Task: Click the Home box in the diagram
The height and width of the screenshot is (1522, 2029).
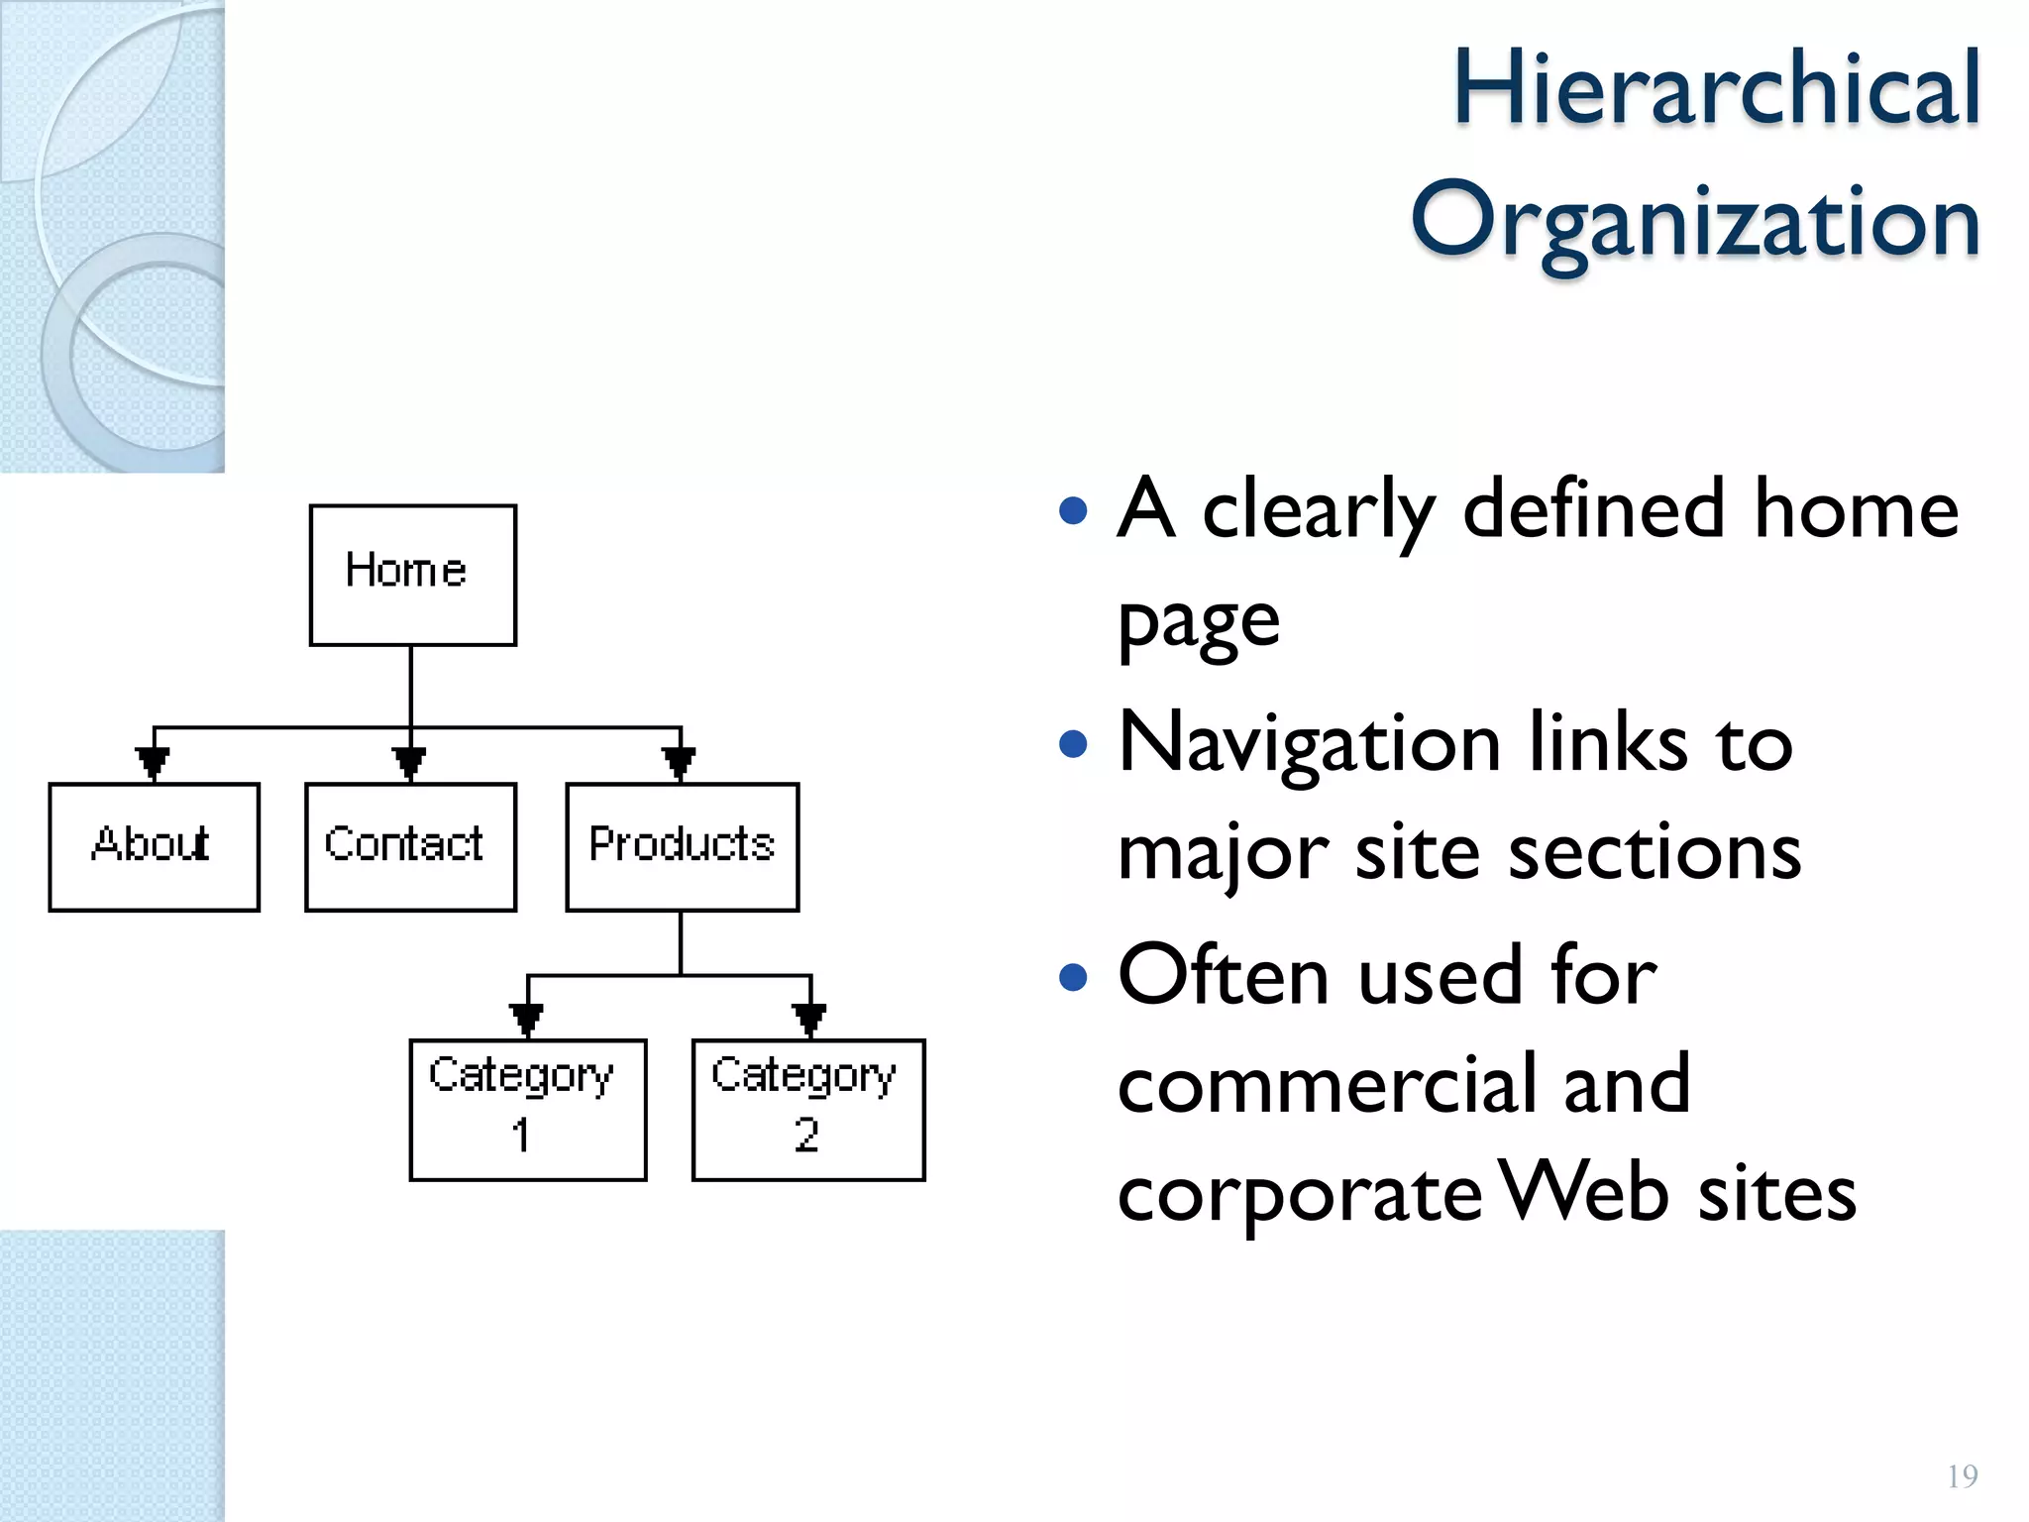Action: (412, 575)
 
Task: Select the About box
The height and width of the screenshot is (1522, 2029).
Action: (154, 846)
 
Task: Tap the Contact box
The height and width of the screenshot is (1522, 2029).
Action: (410, 846)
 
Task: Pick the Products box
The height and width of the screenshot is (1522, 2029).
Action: (682, 846)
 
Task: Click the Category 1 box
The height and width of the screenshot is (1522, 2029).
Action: (527, 1109)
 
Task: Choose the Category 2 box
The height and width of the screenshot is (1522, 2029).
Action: (807, 1109)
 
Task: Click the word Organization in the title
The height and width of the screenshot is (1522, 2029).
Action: (1694, 222)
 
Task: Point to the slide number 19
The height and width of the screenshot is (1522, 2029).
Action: (1962, 1476)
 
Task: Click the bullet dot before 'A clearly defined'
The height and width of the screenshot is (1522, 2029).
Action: (1073, 511)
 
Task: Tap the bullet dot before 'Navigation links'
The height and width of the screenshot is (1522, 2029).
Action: (1073, 743)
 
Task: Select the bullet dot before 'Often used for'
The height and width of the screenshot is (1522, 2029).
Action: (1073, 977)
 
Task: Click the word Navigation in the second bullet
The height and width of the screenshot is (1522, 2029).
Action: (1308, 745)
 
